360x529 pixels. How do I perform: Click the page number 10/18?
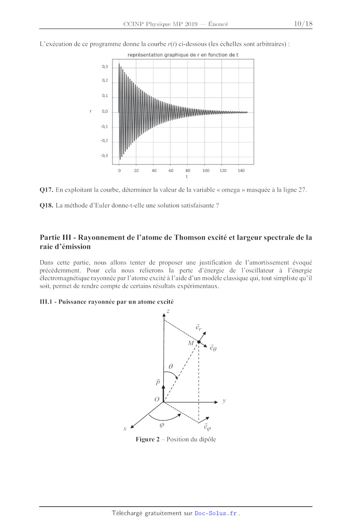coord(303,24)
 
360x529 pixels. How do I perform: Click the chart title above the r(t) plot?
coord(183,55)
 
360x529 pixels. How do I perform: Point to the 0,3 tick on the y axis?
coord(105,67)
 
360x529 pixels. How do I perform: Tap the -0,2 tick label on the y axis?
coord(104,141)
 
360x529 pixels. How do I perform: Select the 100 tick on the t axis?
coord(206,171)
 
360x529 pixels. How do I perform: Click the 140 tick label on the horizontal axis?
coord(241,171)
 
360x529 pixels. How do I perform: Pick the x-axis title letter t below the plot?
coord(187,177)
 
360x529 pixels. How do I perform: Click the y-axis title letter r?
coord(91,111)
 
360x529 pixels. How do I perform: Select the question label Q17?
coord(46,190)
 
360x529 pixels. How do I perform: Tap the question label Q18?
coord(46,205)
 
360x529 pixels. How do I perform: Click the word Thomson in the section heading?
coord(193,238)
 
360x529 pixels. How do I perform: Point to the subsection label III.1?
coord(46,302)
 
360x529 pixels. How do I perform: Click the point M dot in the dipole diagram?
coord(199,342)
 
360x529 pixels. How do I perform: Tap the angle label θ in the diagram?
coord(170,366)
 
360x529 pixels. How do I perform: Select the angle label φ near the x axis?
coord(162,425)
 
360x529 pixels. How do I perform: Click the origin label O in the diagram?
coord(157,399)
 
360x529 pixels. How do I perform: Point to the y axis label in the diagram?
coord(224,401)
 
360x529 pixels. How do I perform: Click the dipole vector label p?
coord(158,382)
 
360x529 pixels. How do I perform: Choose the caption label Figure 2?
coord(147,439)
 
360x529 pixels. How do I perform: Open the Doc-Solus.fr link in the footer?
coord(216,513)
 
